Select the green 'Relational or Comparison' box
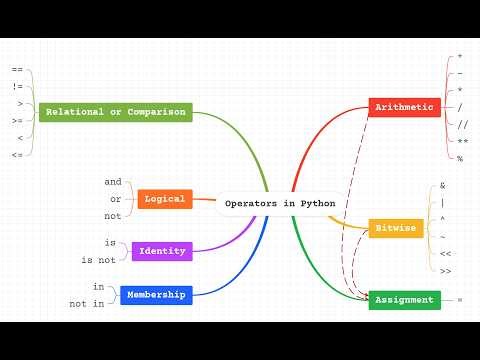(x=115, y=113)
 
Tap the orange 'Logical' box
(x=164, y=200)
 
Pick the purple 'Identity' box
(x=162, y=250)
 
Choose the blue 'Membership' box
(x=158, y=295)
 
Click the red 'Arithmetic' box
(x=404, y=107)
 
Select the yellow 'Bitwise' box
(x=395, y=228)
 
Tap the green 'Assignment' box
(x=404, y=299)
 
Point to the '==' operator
(x=17, y=70)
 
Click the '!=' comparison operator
(x=17, y=86)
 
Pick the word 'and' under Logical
(x=113, y=182)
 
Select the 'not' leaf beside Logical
(x=113, y=215)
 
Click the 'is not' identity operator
(x=99, y=260)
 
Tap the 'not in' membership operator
(x=86, y=303)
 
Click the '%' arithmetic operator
(x=459, y=159)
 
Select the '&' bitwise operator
(x=442, y=186)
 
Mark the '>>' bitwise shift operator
(x=445, y=271)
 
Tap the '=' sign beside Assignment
(x=459, y=300)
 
